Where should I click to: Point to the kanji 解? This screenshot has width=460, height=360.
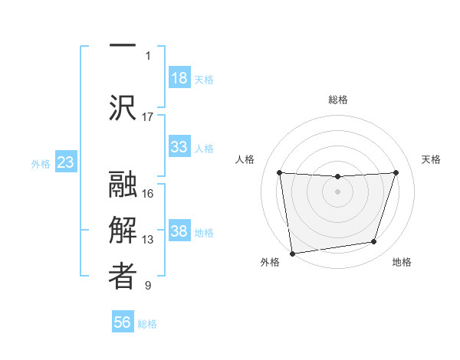point(123,231)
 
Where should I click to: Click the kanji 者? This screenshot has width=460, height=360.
point(123,277)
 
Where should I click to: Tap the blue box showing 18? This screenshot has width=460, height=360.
point(179,78)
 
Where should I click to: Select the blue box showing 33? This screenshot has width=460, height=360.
point(179,146)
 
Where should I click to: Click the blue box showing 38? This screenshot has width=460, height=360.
point(179,232)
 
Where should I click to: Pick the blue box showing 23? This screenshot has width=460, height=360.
point(66,163)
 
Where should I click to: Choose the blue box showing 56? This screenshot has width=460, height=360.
point(123,323)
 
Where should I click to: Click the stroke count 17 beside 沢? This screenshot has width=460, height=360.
point(148,117)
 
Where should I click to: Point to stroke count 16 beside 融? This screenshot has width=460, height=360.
point(148,194)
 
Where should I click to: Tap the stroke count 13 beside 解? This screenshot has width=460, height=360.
point(148,240)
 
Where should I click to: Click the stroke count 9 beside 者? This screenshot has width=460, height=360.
point(148,286)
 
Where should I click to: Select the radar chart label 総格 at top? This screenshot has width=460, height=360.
point(337,100)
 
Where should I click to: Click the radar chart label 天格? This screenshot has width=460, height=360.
point(432,159)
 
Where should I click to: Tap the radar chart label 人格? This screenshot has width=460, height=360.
point(245,159)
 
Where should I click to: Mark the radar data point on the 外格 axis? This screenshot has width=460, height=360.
point(292,253)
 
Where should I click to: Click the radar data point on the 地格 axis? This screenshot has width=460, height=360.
point(374,242)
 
